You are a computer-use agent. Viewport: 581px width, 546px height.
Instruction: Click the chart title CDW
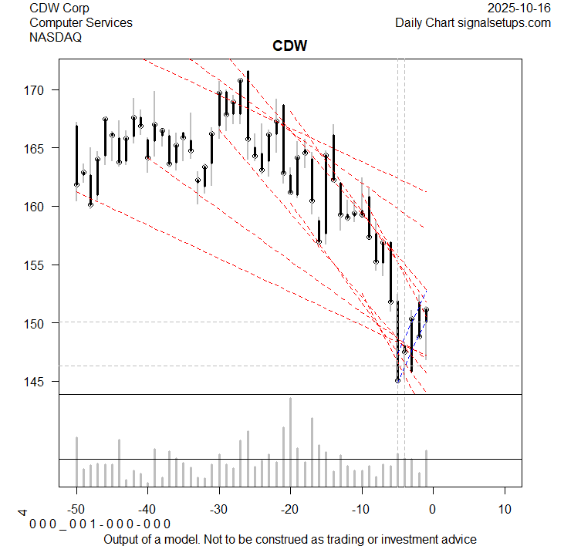click(x=290, y=46)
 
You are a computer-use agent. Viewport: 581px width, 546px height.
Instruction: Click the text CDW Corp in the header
click(x=59, y=8)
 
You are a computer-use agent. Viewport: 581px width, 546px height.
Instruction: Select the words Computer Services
click(x=80, y=22)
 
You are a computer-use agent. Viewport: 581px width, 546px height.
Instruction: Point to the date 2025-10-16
click(x=520, y=8)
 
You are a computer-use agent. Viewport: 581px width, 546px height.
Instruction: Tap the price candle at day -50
click(x=76, y=155)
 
